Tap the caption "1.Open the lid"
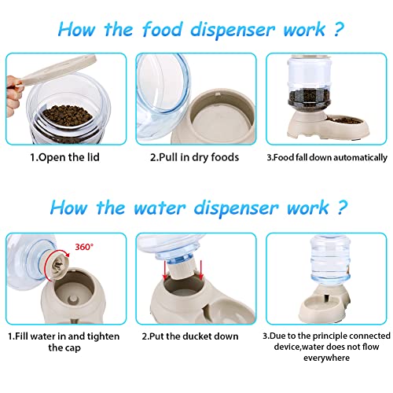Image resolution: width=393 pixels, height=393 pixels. coord(65,156)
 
